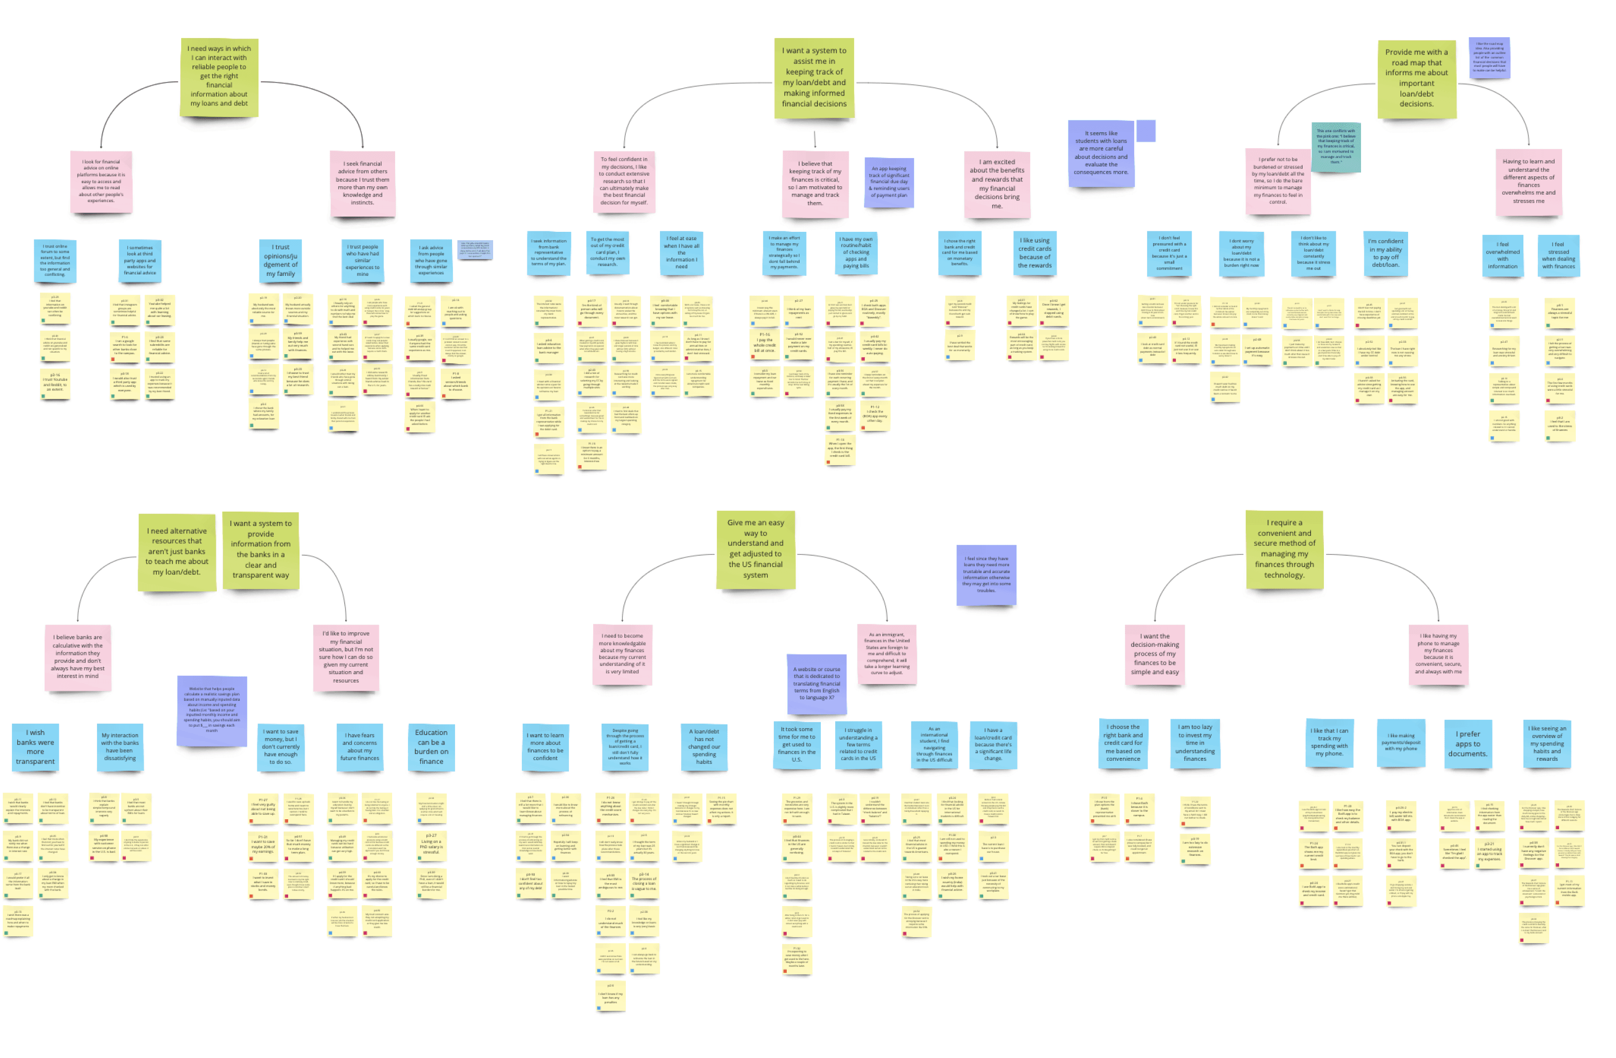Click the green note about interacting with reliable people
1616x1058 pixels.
pyautogui.click(x=219, y=76)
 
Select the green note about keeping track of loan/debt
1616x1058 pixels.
pyautogui.click(x=813, y=77)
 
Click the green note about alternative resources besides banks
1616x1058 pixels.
pyautogui.click(x=177, y=551)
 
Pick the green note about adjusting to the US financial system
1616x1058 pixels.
pyautogui.click(x=755, y=549)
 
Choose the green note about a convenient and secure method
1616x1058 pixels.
pyautogui.click(x=1283, y=549)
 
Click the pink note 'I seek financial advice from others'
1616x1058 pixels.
pyautogui.click(x=362, y=183)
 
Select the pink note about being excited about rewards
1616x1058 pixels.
pyautogui.click(x=996, y=184)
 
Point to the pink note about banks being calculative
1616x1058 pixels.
pyautogui.click(x=78, y=657)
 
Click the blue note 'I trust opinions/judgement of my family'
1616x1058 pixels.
pyautogui.click(x=280, y=260)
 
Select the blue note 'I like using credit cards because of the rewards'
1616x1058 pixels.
pyautogui.click(x=1034, y=253)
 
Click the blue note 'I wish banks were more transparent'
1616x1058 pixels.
pyautogui.click(x=35, y=746)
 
